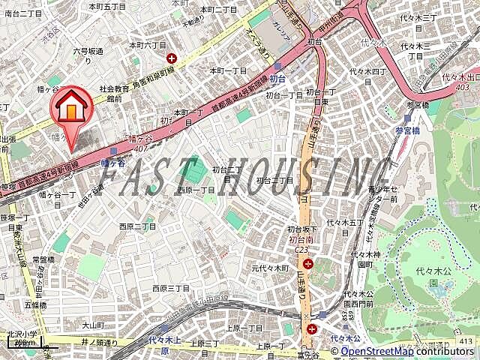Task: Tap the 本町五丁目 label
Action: pyautogui.click(x=107, y=6)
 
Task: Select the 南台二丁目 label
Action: pyautogui.click(x=22, y=13)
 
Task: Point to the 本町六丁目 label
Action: pyautogui.click(x=147, y=45)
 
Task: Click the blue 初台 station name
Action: pyautogui.click(x=278, y=78)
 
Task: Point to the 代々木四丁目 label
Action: pyautogui.click(x=367, y=72)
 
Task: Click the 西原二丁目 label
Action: pyautogui.click(x=137, y=226)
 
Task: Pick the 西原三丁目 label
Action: pyautogui.click(x=171, y=288)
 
